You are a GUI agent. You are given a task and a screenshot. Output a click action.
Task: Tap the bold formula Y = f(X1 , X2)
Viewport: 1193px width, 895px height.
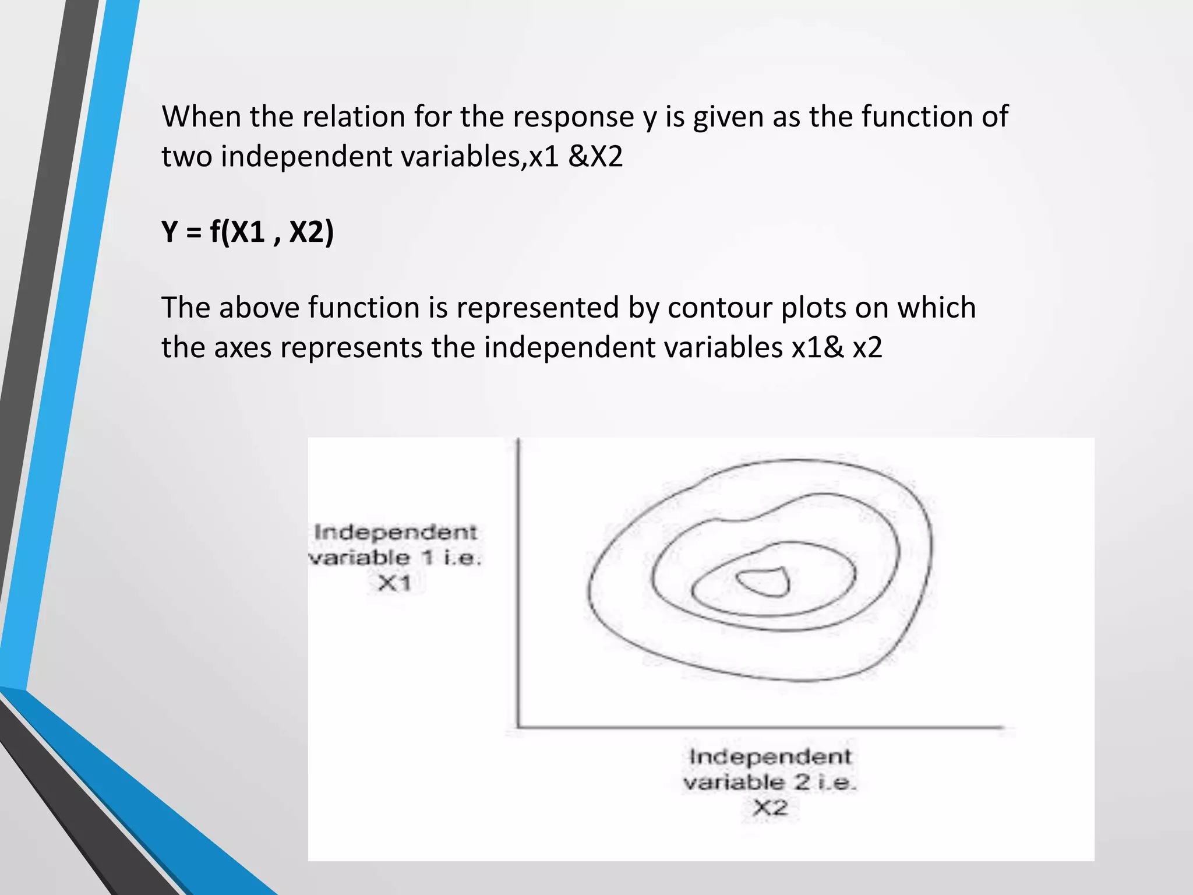(x=248, y=232)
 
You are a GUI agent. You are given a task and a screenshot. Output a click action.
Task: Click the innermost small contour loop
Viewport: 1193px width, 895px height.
(x=764, y=582)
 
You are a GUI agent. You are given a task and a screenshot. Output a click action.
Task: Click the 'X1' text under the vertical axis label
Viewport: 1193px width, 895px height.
(x=394, y=583)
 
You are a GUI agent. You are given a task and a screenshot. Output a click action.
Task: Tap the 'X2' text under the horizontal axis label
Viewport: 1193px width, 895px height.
(x=770, y=808)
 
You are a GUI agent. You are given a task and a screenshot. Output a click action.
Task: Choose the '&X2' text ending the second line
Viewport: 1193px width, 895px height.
(x=595, y=156)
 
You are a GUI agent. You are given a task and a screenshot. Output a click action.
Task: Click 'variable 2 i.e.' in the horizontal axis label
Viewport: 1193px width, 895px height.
(x=770, y=782)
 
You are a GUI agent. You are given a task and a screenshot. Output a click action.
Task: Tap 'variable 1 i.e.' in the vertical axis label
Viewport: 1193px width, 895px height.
(x=394, y=558)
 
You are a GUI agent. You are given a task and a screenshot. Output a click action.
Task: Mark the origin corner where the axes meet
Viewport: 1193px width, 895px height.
(x=518, y=727)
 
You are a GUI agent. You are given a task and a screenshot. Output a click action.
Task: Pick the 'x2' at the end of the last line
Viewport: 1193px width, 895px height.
(x=867, y=348)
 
